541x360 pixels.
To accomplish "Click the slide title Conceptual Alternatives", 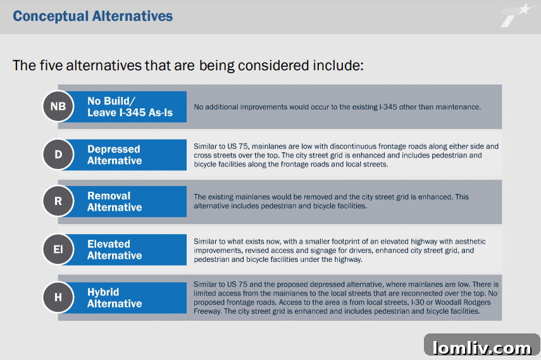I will tap(92, 16).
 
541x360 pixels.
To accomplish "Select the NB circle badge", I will tap(58, 106).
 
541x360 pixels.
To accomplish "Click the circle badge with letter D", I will tap(58, 155).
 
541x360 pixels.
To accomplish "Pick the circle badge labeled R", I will tap(58, 202).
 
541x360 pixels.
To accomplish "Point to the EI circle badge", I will tap(58, 250).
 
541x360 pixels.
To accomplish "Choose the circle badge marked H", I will tap(58, 297).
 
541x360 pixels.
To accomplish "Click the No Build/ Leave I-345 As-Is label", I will tap(130, 107).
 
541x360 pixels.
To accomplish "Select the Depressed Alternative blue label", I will tap(115, 155).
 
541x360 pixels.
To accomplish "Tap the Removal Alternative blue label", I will tap(115, 202).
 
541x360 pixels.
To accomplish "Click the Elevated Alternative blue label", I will tap(115, 250).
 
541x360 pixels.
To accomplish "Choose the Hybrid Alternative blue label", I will tap(115, 298).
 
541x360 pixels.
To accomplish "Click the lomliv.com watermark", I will tap(482, 347).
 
